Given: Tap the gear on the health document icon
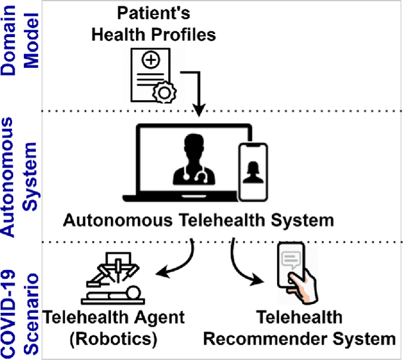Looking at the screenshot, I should point(162,93).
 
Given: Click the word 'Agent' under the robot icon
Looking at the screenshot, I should point(156,317).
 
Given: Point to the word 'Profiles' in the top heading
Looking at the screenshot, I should point(183,34).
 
